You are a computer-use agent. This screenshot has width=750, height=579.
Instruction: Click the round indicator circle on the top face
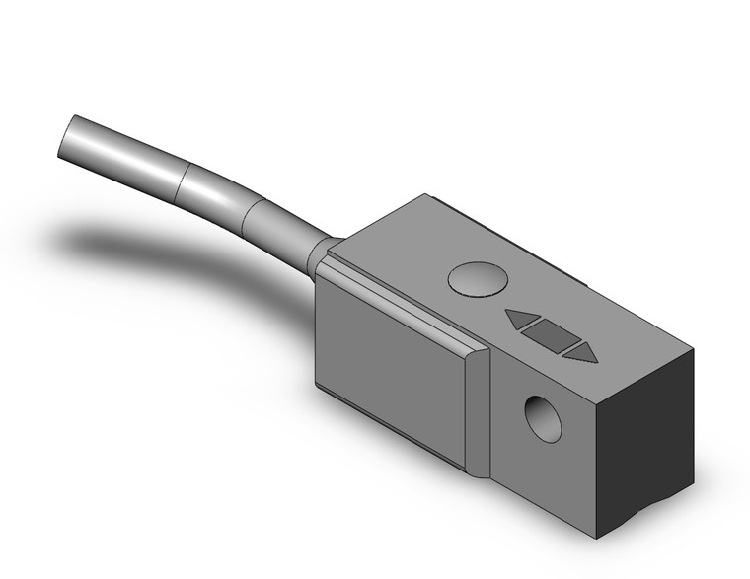(x=476, y=279)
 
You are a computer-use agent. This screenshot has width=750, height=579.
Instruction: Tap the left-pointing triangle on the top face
(x=522, y=320)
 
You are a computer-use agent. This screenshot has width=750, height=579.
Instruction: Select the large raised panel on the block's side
(x=395, y=355)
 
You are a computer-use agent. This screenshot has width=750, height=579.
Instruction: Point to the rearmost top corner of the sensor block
(x=425, y=195)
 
